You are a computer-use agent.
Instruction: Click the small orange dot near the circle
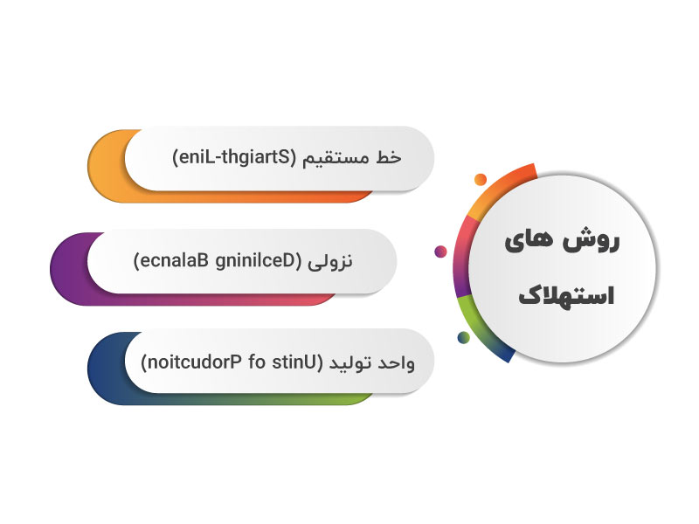pyautogui.click(x=480, y=180)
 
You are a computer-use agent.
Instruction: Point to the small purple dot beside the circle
pyautogui.click(x=440, y=252)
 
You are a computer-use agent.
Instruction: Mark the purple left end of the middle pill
pyautogui.click(x=66, y=266)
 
